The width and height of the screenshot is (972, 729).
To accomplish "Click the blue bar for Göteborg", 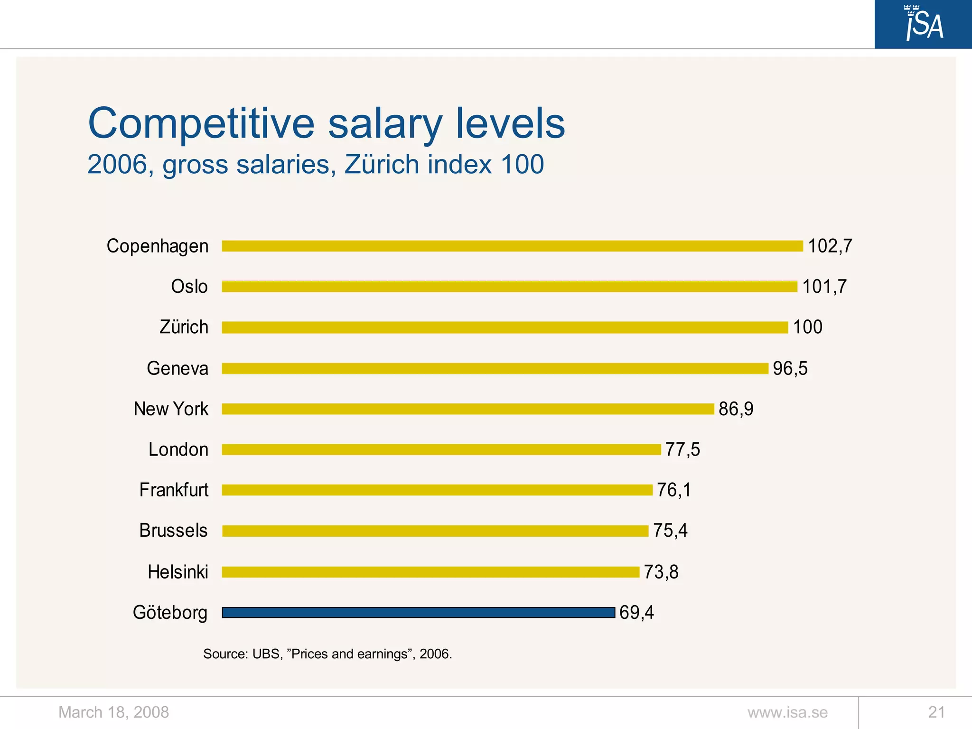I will pos(418,613).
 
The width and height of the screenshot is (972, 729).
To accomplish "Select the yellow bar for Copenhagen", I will pos(512,246).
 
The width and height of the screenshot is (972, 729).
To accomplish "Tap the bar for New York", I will pos(467,409).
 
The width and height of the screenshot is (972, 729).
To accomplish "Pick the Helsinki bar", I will pos(430,572).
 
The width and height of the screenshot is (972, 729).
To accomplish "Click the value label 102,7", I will pos(830,246).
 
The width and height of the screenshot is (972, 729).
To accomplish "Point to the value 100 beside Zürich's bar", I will pos(807,327).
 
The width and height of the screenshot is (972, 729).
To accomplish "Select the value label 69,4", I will pos(636,613).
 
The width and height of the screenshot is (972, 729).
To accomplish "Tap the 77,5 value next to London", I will pos(682,449).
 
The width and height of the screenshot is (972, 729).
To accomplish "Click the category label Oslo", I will pos(189,287).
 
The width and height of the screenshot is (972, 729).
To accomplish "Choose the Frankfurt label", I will pos(174,490).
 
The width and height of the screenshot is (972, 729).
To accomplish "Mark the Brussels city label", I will pos(173,531).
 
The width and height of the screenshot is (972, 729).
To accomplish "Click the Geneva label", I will pos(178,368).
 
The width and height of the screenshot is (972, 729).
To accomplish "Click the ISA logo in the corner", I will pos(923,24).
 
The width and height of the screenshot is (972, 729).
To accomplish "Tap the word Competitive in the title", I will pos(201,123).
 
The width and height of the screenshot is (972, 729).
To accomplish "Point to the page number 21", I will pos(936,712).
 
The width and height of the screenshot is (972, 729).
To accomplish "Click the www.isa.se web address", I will pos(787,712).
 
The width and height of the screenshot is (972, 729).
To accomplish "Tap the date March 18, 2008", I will pos(113,712).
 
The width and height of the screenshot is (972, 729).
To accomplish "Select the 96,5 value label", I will pos(790,368).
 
